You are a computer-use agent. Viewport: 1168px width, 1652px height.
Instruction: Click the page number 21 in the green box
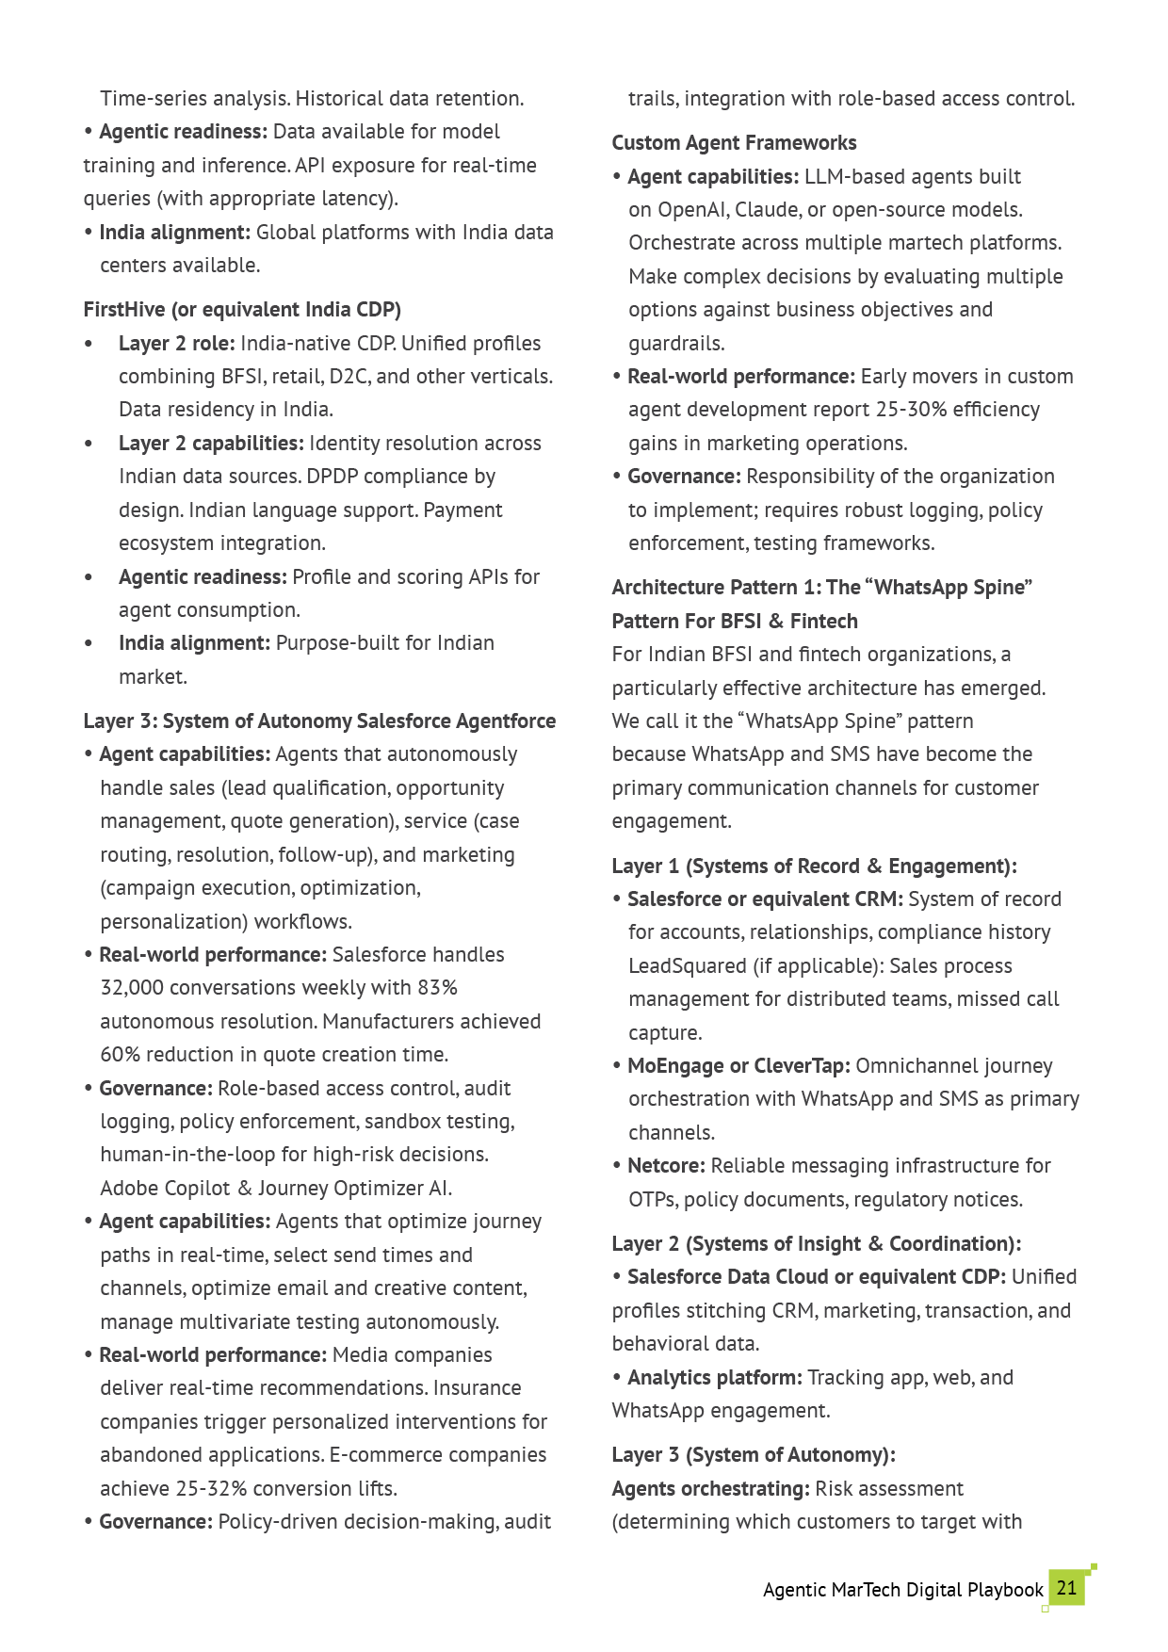1066,1588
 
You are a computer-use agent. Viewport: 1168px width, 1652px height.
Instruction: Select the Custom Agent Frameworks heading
734,143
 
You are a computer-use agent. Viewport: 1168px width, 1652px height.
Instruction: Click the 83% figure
437,988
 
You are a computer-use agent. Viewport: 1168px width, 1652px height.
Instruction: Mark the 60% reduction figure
120,1055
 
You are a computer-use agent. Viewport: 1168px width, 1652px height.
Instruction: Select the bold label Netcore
665,1166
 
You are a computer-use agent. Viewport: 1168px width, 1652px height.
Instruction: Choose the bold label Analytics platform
714,1378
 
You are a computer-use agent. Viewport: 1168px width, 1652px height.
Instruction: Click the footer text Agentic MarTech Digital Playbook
902,1591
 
